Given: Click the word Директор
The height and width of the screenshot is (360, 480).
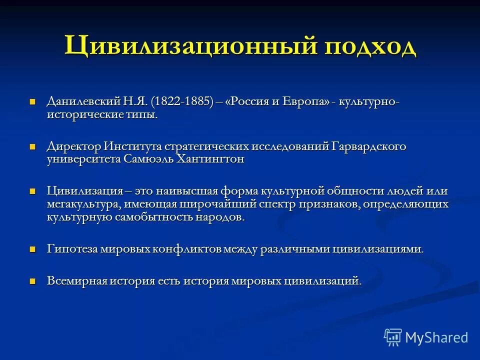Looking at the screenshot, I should (x=73, y=147).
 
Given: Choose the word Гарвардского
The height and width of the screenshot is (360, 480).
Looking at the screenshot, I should (x=369, y=147).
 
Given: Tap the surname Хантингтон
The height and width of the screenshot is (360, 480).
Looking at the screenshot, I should (x=210, y=160).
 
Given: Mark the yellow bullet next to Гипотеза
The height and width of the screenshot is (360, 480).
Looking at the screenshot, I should (x=33, y=249).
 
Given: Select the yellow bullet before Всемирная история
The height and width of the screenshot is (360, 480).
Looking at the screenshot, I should (x=33, y=281).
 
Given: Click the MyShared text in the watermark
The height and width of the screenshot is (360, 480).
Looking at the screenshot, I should (x=436, y=337).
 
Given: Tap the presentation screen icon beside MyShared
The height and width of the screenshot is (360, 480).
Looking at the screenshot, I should (x=393, y=337).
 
